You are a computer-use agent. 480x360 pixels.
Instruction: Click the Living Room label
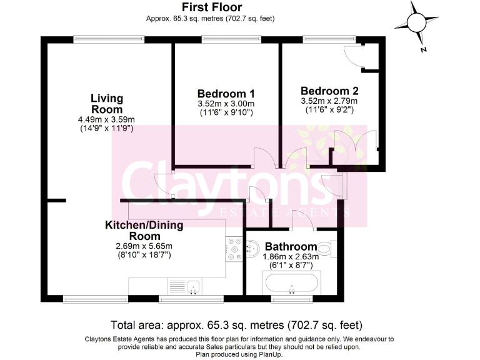point(106,104)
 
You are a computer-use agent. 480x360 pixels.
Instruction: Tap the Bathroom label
point(291,246)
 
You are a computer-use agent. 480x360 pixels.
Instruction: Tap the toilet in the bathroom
point(327,247)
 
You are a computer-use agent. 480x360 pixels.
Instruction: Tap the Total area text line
point(236,325)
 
